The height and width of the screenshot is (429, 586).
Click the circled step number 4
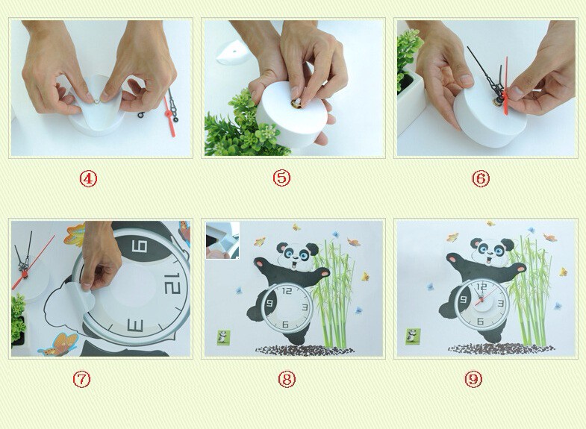(88, 179)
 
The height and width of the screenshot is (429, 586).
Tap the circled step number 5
(281, 178)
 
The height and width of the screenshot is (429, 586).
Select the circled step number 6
(481, 178)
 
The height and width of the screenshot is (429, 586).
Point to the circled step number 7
(81, 379)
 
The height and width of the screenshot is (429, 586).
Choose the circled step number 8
(287, 379)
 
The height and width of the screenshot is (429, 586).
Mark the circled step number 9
(473, 379)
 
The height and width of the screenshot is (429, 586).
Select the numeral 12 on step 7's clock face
(172, 284)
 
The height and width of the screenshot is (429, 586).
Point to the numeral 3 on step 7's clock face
(135, 325)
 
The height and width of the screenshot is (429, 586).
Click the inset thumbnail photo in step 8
(222, 240)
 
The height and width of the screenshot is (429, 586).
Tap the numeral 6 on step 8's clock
(285, 324)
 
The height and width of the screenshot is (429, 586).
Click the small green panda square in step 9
(413, 336)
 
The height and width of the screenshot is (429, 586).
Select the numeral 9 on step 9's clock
(464, 299)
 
